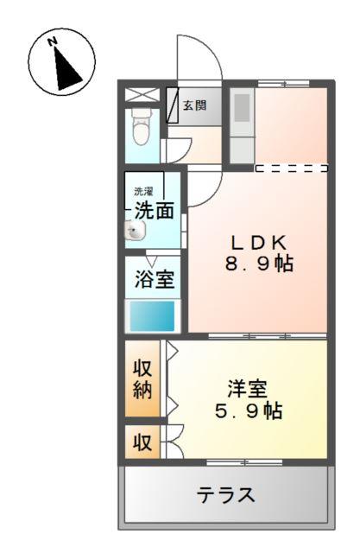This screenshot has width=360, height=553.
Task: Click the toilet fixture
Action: coord(142,129)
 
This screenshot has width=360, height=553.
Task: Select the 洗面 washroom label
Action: coord(155,209)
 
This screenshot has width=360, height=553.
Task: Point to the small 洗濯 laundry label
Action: coord(142,190)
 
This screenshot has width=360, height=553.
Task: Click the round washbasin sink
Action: coord(136,231)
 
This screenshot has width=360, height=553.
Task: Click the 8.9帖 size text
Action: coord(259,264)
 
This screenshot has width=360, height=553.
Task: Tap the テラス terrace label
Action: coord(226,496)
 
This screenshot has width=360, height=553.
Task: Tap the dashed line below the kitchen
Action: coord(291,168)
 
